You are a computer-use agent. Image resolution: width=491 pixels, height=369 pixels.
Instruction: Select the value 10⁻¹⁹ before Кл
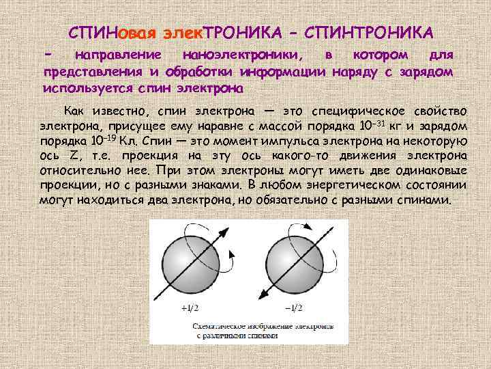[x=102, y=141]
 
